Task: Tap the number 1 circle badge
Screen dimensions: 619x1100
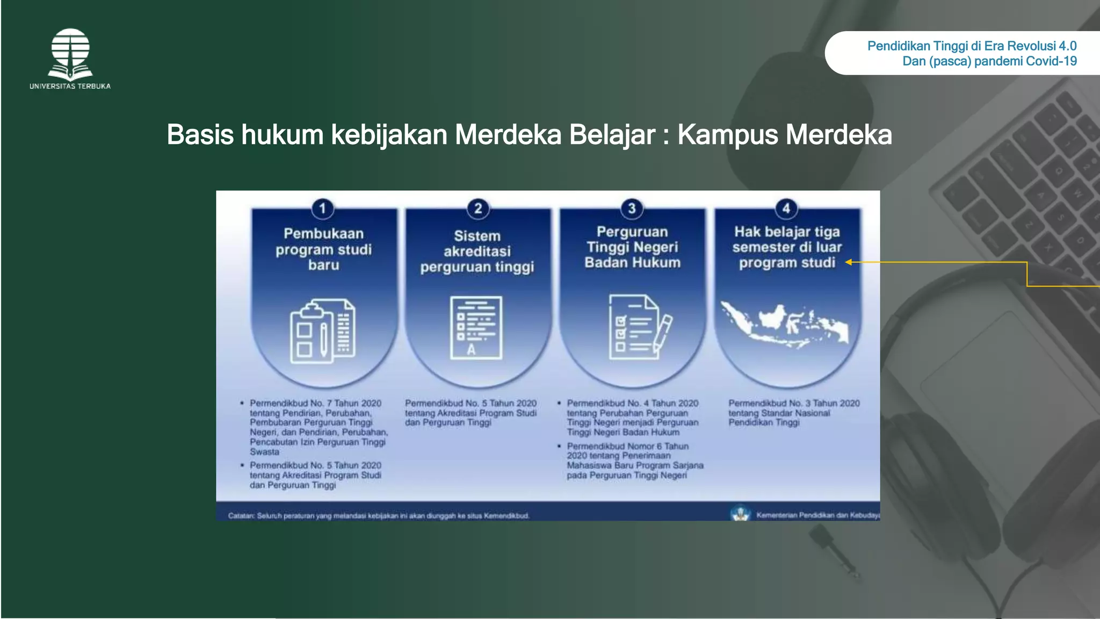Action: (x=322, y=208)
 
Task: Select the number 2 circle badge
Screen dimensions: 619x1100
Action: (x=477, y=208)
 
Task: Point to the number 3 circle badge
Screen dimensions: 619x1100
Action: (x=632, y=208)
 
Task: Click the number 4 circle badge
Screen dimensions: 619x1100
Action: (x=786, y=208)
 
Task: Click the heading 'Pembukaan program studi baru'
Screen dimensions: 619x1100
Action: (x=323, y=249)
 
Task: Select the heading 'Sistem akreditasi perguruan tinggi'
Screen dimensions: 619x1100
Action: (x=477, y=251)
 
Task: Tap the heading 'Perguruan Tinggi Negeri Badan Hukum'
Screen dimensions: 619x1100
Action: (x=632, y=247)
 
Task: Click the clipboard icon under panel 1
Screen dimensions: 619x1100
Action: (x=323, y=332)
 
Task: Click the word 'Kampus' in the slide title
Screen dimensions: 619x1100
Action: (x=727, y=134)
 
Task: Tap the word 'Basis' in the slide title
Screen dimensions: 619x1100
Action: (x=200, y=134)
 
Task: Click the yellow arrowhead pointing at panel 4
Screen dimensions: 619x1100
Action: (x=849, y=262)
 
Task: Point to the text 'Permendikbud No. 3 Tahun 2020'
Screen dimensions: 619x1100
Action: (x=794, y=403)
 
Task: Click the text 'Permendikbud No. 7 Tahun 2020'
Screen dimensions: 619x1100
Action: (x=315, y=403)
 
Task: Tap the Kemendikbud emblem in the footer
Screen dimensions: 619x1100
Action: (x=740, y=514)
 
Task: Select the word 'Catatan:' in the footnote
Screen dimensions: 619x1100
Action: (x=241, y=516)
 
